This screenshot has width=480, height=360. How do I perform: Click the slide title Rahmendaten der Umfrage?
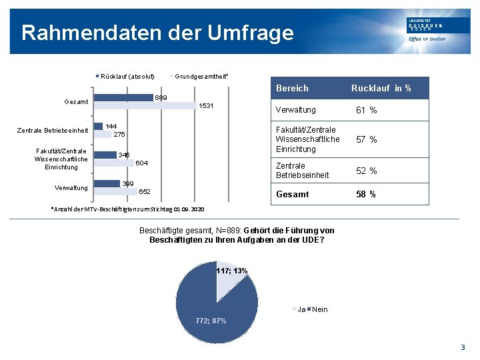(x=157, y=33)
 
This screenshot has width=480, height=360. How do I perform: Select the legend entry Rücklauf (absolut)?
(x=127, y=76)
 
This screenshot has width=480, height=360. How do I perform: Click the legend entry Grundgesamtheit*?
(x=201, y=76)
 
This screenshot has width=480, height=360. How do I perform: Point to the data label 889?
(x=161, y=98)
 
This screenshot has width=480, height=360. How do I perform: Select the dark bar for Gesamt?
(x=124, y=97)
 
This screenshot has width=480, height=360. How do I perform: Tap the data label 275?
(x=119, y=135)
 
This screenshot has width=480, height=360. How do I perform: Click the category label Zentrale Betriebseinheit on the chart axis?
(x=52, y=130)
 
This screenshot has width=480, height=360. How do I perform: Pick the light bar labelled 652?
(x=115, y=191)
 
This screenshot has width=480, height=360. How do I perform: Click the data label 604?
(x=141, y=163)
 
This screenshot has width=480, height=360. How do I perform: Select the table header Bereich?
(x=292, y=88)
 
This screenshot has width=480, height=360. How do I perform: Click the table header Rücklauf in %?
(x=381, y=88)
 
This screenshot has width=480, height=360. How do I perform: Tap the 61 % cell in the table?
(x=366, y=110)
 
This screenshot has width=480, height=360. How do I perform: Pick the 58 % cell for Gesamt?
(x=366, y=194)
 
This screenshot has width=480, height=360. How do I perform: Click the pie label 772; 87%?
(x=211, y=321)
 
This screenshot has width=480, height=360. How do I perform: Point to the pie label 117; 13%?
(x=231, y=271)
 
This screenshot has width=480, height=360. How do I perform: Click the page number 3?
(x=463, y=347)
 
